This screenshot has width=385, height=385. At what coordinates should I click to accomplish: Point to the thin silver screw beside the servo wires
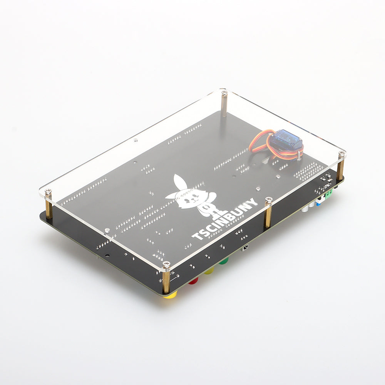(x=299, y=156)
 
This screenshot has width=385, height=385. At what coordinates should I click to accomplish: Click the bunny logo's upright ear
(x=179, y=182)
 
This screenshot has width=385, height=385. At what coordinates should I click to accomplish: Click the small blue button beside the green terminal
(x=318, y=204)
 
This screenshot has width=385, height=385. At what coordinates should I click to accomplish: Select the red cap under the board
(x=193, y=281)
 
